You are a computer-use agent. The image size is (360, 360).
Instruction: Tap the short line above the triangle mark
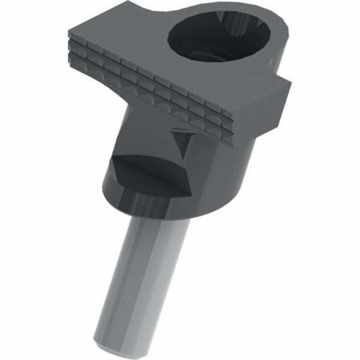pyautogui.click(x=179, y=129)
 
